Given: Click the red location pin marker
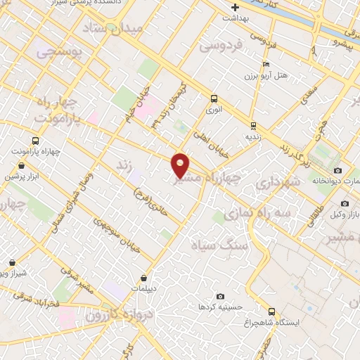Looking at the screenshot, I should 181,165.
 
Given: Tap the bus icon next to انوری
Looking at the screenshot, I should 214,98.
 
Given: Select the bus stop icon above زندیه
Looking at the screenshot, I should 252,126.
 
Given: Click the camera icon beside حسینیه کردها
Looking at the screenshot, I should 221,296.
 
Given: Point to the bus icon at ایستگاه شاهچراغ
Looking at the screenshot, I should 272,311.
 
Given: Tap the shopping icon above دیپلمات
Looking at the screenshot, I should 144,278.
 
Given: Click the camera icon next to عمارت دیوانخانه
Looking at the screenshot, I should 338,170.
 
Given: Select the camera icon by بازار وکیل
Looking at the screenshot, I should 345,203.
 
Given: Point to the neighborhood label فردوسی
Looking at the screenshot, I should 220,46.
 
